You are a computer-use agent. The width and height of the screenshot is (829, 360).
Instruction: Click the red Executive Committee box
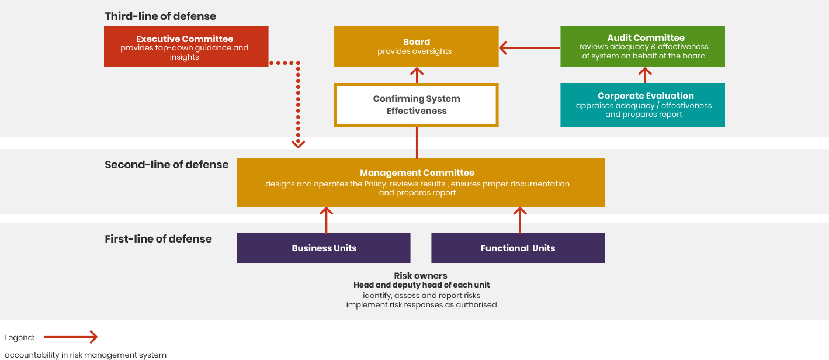click(x=186, y=47)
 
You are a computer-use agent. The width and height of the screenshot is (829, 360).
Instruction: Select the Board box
click(x=416, y=47)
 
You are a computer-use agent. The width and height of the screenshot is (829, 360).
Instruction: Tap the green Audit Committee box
click(x=642, y=47)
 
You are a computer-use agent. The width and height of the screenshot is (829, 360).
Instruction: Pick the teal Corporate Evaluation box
click(x=642, y=105)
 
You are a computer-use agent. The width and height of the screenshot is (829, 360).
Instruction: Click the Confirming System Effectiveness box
click(x=416, y=105)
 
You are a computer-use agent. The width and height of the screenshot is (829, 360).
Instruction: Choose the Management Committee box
click(x=421, y=182)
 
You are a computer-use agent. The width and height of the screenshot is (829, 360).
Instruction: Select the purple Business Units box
click(x=323, y=248)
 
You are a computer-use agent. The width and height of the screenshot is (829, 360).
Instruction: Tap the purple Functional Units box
click(x=518, y=248)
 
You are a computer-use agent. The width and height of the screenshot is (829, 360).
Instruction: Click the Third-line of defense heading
click(x=161, y=16)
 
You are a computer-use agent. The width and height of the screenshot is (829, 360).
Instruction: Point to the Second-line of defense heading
click(x=167, y=165)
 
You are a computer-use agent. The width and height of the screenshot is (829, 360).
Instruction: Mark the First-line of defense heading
click(x=158, y=239)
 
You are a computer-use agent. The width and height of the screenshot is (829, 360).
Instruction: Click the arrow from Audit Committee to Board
click(x=529, y=48)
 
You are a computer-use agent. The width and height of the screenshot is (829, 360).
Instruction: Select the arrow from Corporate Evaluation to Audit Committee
click(x=645, y=75)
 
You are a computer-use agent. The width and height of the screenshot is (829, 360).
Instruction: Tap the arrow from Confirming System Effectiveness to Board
click(x=417, y=75)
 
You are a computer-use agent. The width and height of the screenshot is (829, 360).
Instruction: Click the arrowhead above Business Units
click(x=327, y=212)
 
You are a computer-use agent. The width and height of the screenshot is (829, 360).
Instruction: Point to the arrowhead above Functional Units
click(x=520, y=212)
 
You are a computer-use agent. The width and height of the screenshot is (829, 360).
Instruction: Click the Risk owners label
click(x=421, y=276)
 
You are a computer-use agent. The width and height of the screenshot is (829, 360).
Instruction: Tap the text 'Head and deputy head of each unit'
click(x=421, y=285)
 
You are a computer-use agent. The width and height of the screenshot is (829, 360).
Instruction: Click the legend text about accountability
click(x=85, y=355)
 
